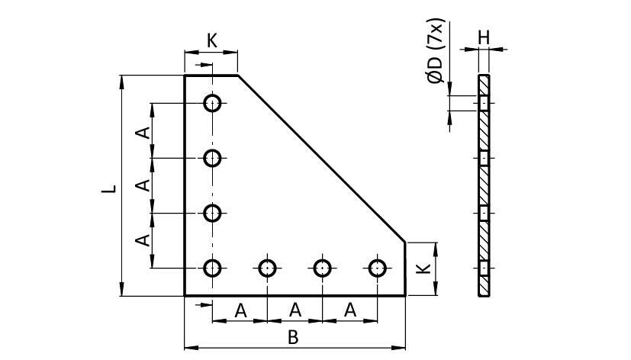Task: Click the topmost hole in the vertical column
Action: (x=213, y=102)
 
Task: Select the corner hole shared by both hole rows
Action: (x=213, y=268)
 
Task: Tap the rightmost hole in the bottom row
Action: (x=378, y=268)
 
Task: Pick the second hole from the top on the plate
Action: (x=213, y=158)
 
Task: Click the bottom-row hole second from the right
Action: (x=323, y=268)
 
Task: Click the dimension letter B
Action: (x=292, y=337)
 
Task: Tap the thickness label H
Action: (x=484, y=36)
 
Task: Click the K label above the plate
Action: (x=212, y=40)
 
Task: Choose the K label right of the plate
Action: (x=427, y=268)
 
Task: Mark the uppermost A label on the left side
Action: (x=142, y=130)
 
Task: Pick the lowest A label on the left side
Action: (x=142, y=240)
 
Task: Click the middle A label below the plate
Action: (x=295, y=310)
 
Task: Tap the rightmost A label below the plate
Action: (x=350, y=310)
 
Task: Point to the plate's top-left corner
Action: (x=185, y=76)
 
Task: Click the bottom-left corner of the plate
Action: (x=185, y=294)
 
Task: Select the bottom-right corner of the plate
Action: (x=405, y=294)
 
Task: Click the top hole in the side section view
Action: (x=484, y=102)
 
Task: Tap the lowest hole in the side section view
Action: (x=484, y=268)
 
